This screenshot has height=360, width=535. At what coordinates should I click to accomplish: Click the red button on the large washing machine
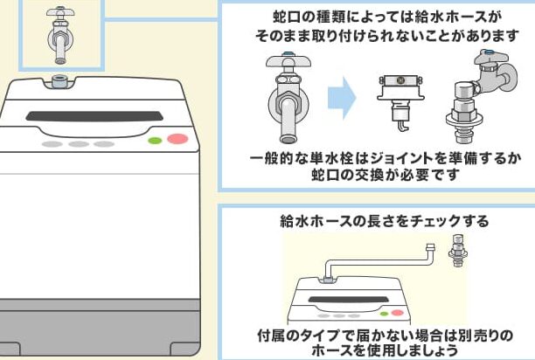pos(178,138)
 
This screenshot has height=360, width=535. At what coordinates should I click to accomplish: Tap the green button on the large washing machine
pos(155,140)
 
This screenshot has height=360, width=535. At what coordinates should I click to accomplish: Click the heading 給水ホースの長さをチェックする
pos(378,221)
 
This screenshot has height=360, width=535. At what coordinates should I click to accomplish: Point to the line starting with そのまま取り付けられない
pos(377,36)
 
